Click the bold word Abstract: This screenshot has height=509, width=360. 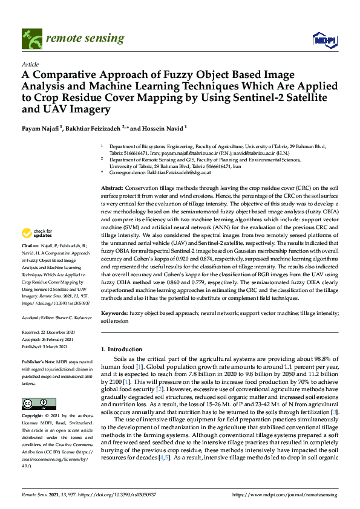[112, 189]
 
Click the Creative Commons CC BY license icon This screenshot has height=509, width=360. [38, 404]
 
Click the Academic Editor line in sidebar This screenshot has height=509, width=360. [57, 317]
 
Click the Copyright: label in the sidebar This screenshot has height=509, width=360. [33, 417]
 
